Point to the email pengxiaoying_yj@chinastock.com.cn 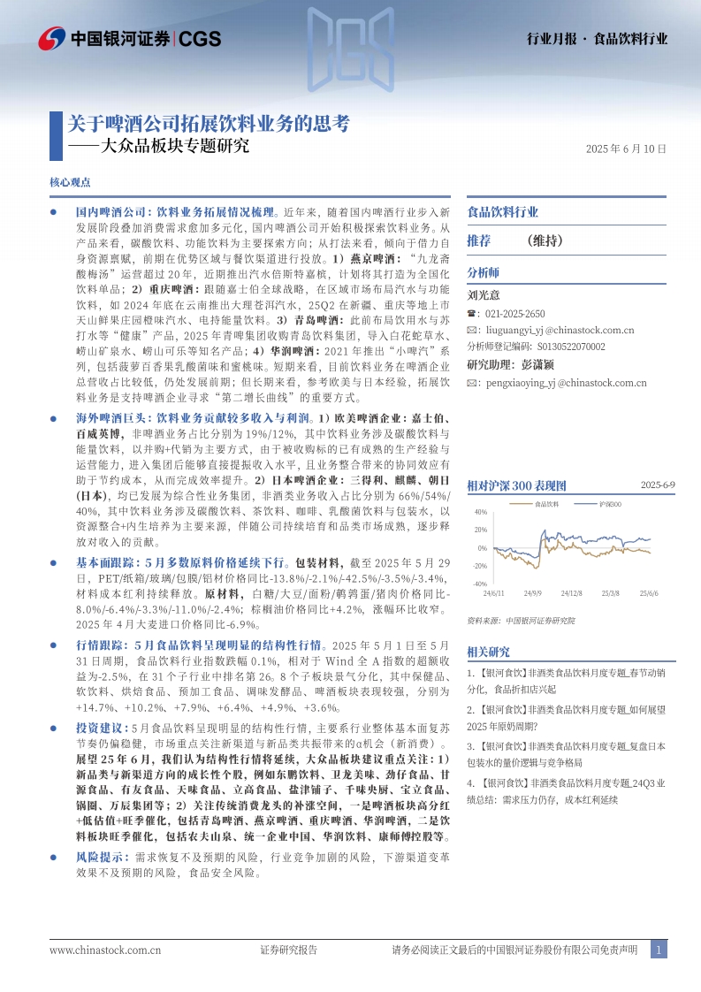pyautogui.click(x=563, y=383)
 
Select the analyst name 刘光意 pyautogui.click(x=483, y=295)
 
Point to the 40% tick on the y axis pyautogui.click(x=481, y=513)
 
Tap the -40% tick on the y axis pyautogui.click(x=480, y=584)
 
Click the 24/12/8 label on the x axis pyautogui.click(x=571, y=593)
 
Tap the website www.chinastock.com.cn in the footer pyautogui.click(x=105, y=950)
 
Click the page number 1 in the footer pyautogui.click(x=658, y=950)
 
